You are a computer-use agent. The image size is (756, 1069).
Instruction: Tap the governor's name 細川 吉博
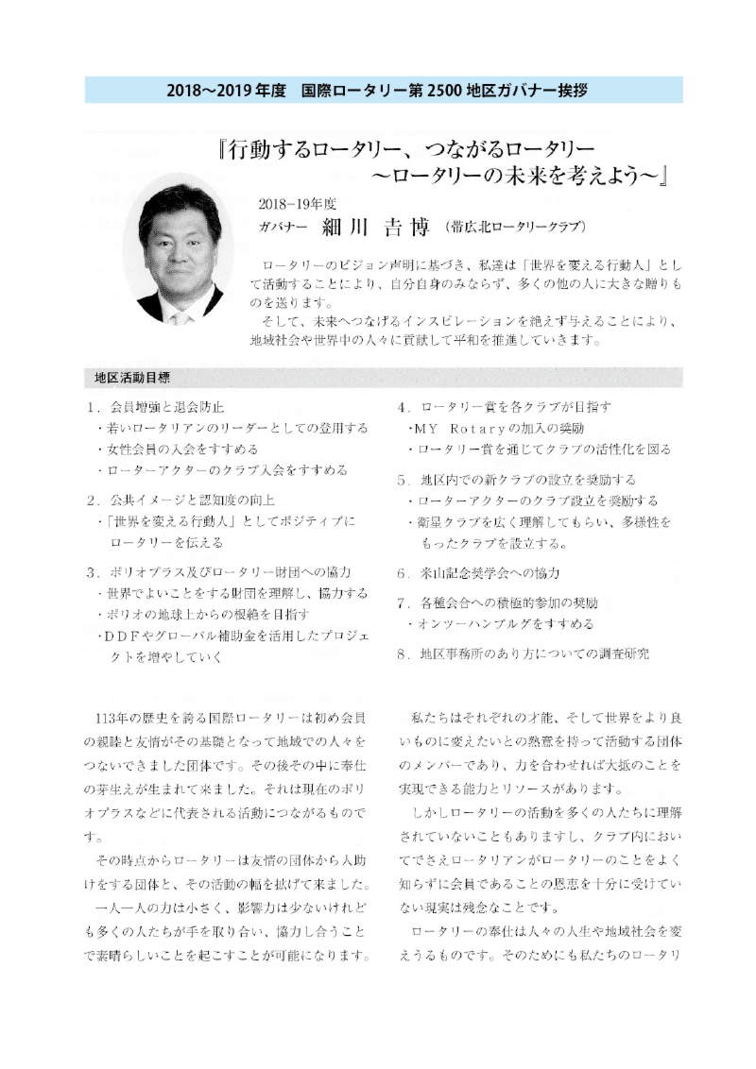pos(365,228)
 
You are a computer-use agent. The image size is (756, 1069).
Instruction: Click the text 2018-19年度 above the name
pos(297,202)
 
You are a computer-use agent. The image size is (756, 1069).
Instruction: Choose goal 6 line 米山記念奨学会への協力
pos(490,572)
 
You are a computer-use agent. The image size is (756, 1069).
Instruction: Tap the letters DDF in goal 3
pos(124,635)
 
